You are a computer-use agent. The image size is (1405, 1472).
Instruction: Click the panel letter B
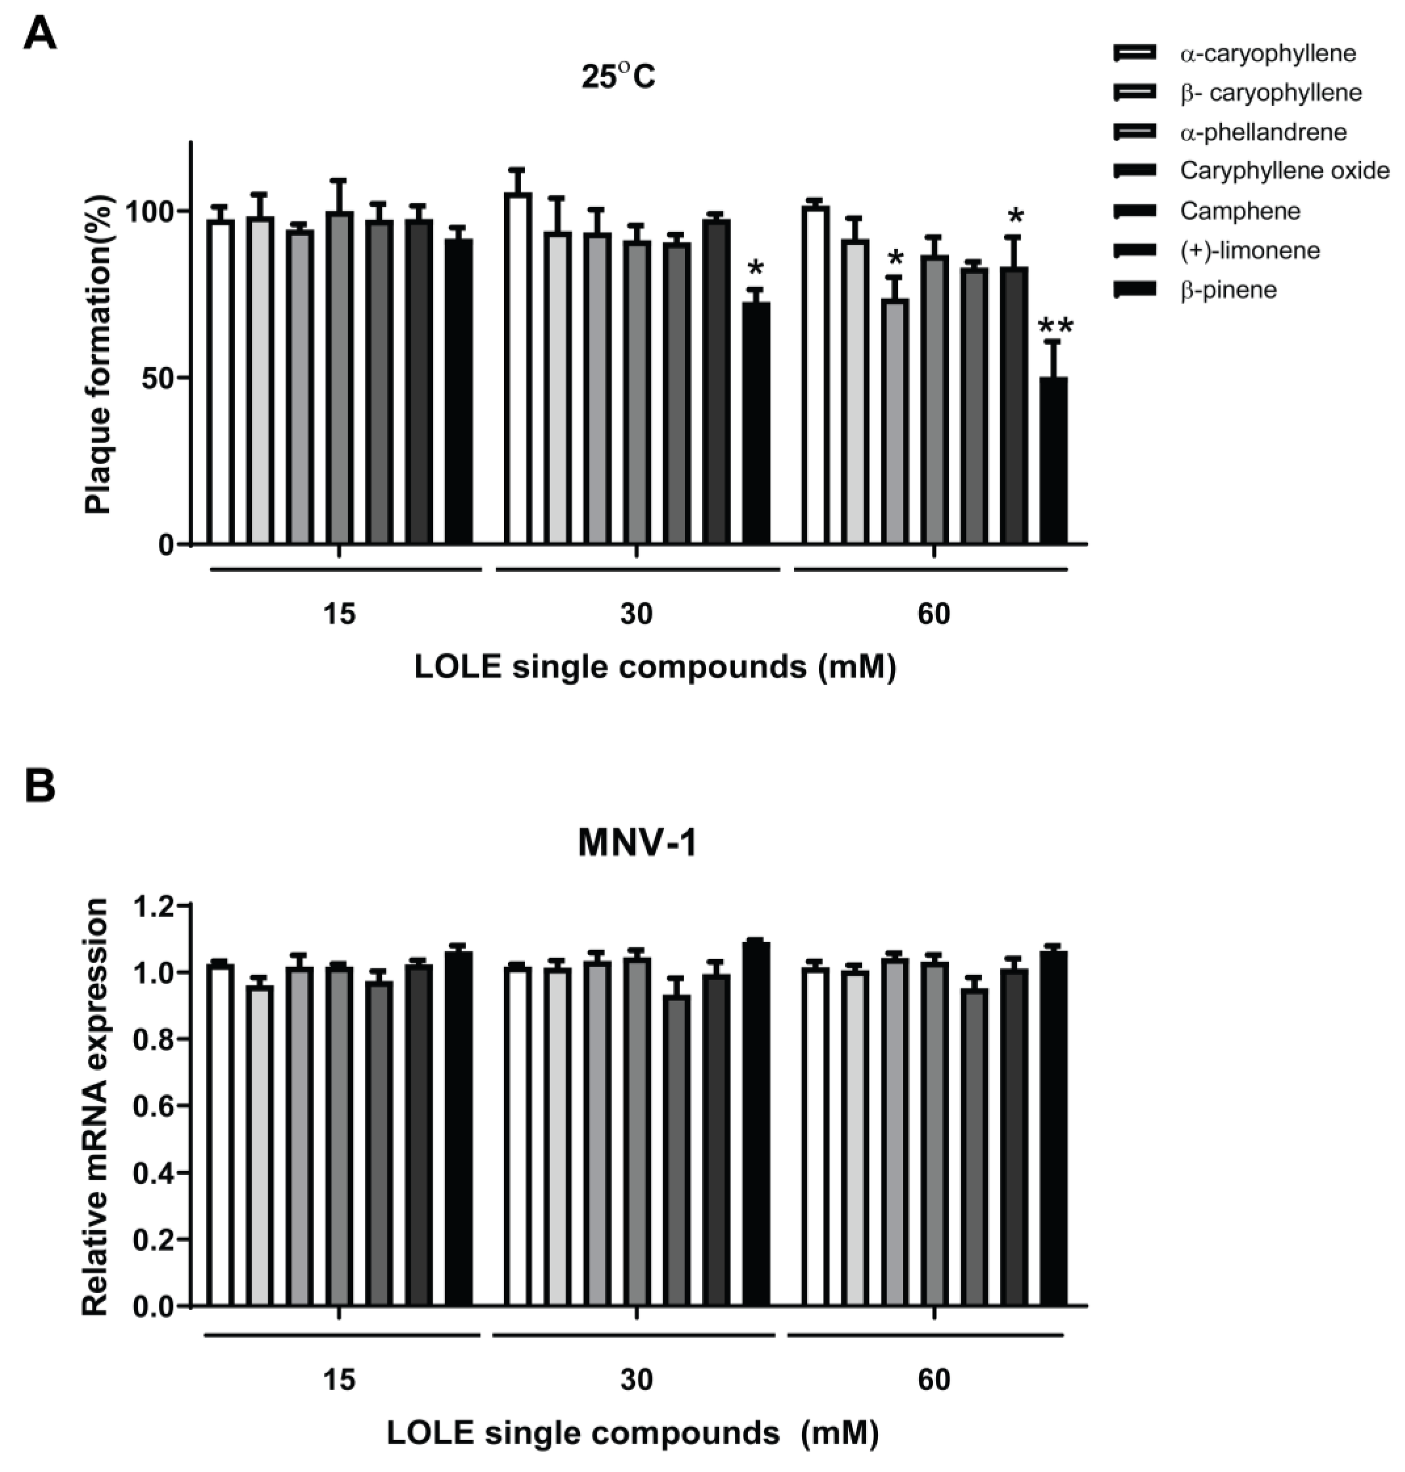(x=40, y=786)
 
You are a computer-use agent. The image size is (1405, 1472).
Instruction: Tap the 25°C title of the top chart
(x=618, y=77)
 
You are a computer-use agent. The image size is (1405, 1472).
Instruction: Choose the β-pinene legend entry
(x=1228, y=290)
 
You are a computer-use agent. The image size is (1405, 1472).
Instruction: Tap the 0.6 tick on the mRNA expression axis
(x=152, y=1106)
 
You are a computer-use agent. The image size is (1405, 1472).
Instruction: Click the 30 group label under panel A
(x=637, y=614)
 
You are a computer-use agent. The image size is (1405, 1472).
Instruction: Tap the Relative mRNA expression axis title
(x=96, y=1108)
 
